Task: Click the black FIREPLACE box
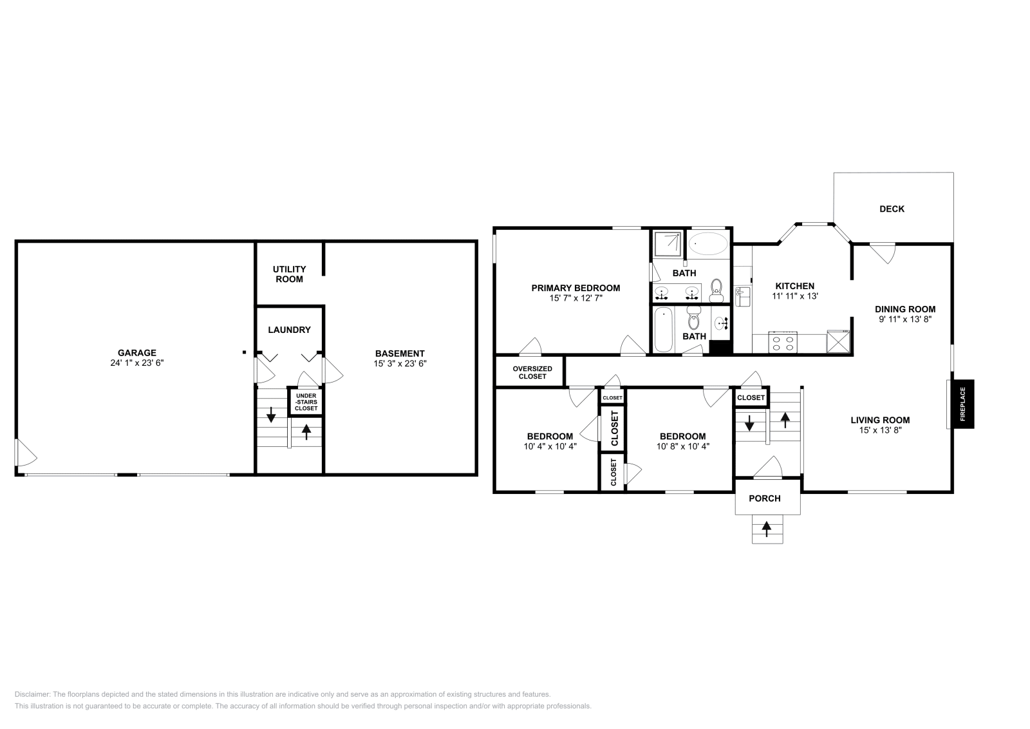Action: click(963, 404)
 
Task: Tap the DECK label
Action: click(892, 209)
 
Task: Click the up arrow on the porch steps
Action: click(767, 529)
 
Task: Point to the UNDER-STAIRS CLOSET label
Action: click(306, 402)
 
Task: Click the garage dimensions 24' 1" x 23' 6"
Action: click(136, 363)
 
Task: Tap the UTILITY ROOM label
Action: click(289, 274)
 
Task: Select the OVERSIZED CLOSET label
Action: click(532, 372)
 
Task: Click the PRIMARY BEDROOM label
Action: click(575, 288)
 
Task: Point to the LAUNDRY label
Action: click(289, 330)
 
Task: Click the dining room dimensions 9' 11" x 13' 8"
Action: click(904, 318)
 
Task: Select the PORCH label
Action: click(765, 498)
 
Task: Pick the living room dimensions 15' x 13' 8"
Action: click(879, 430)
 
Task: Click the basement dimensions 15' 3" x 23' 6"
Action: click(400, 363)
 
